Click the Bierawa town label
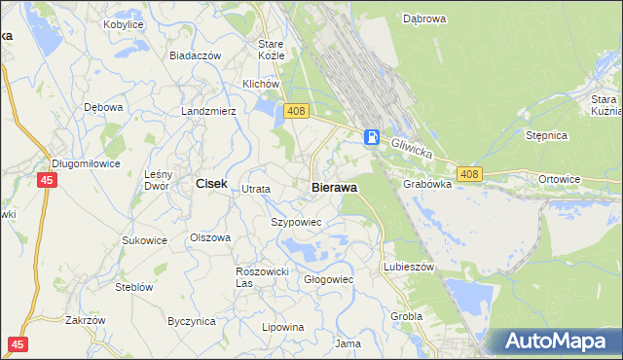334,187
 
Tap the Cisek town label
211,183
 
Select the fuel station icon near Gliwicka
372,137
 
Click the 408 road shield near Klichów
297,113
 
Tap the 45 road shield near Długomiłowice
47,180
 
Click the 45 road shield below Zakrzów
17,343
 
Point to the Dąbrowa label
423,18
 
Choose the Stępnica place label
546,135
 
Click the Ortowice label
560,179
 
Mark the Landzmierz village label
208,111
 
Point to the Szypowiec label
294,222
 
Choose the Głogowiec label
328,279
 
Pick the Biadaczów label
195,55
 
